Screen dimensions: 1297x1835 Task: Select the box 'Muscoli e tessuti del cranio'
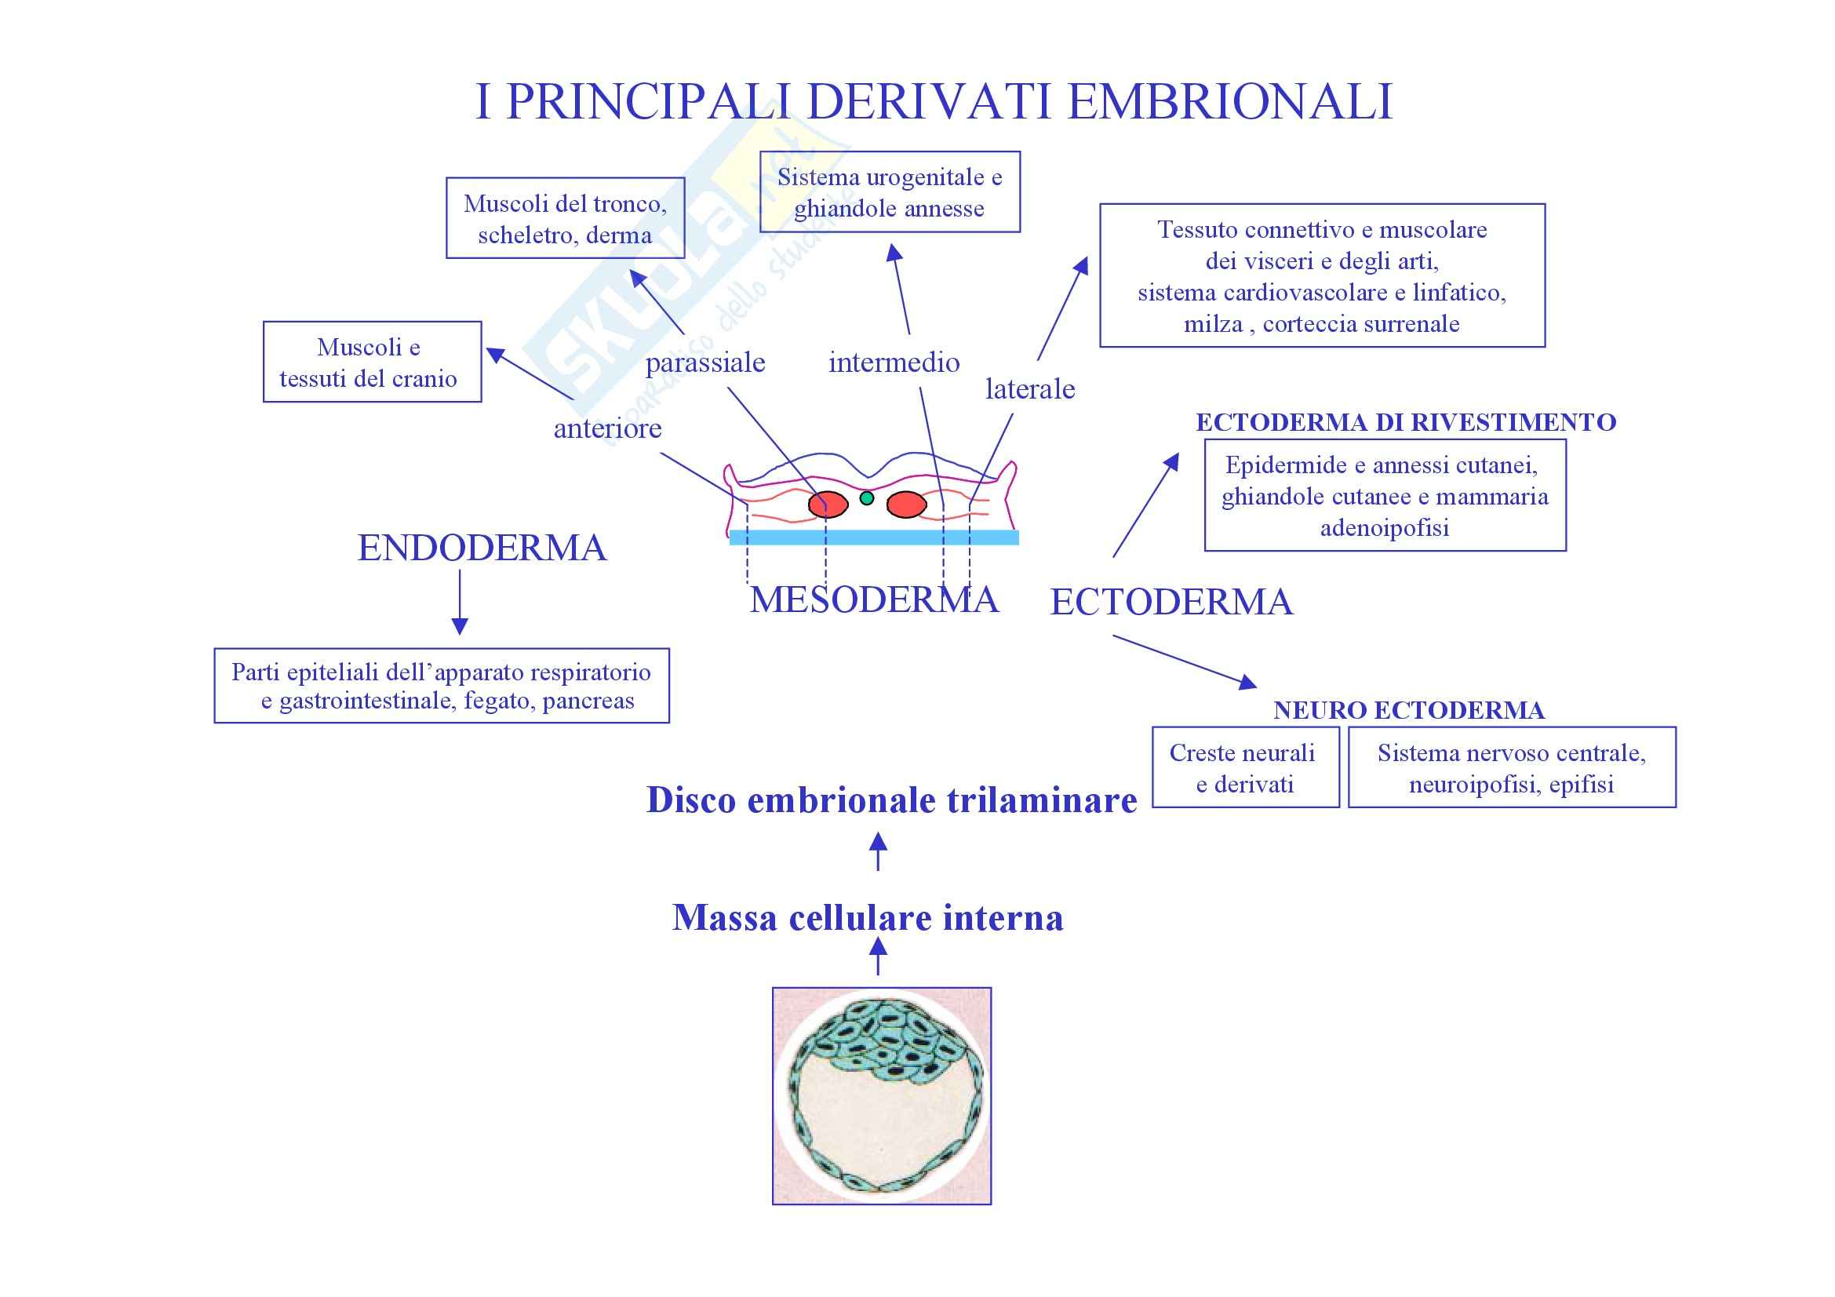[x=372, y=362]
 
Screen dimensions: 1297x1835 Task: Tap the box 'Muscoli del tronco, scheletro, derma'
[x=565, y=218]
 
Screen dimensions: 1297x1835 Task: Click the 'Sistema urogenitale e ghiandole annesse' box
[x=890, y=191]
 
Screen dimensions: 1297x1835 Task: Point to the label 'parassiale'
[x=705, y=363]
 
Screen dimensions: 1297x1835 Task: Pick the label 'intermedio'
[x=894, y=363]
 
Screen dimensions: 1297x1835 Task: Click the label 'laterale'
[x=1029, y=389]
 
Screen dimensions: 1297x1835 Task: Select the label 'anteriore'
[x=607, y=428]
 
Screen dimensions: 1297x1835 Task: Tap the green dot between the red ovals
[x=866, y=499]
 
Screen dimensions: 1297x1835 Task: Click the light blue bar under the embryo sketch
[x=873, y=537]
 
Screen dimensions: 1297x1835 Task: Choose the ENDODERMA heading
[x=482, y=548]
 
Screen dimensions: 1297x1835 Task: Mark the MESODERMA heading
[x=873, y=600]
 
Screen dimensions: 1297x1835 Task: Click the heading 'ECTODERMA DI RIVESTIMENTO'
[x=1405, y=422]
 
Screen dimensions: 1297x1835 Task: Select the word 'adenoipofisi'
[x=1384, y=528]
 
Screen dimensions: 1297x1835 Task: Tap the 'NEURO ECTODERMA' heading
[x=1408, y=709]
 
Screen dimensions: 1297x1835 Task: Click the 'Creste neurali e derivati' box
[x=1244, y=767]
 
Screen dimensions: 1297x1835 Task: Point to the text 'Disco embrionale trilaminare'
[x=891, y=800]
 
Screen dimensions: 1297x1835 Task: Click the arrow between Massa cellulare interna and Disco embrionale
[x=878, y=851]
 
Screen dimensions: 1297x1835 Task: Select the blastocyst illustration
[x=882, y=1095]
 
